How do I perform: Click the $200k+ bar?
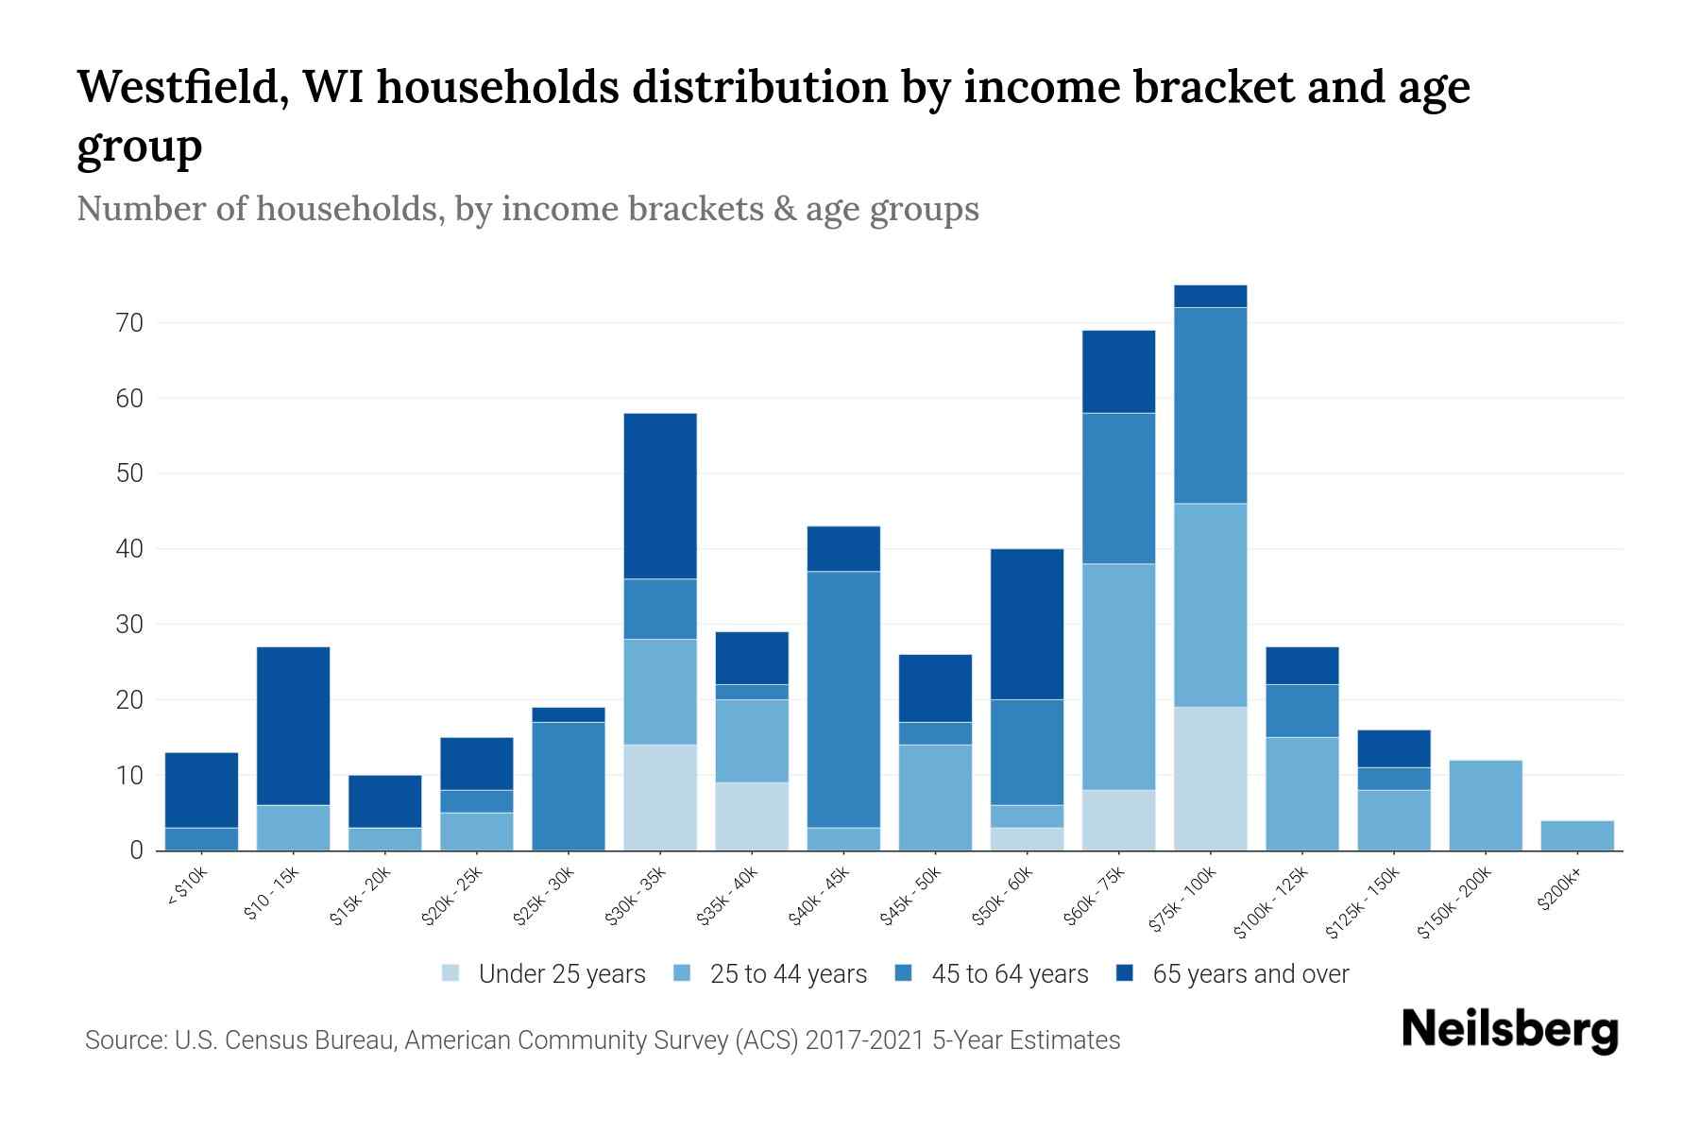tap(1576, 835)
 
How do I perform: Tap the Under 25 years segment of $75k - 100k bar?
tap(1210, 779)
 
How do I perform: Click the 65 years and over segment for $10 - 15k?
tap(293, 726)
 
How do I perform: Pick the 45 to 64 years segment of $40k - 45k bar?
tap(844, 699)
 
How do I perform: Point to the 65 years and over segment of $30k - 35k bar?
tap(660, 496)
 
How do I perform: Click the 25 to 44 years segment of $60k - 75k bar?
tap(1118, 677)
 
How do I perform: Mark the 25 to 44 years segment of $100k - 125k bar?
tap(1302, 794)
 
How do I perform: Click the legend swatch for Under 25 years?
tap(451, 974)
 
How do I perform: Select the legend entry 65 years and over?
tap(1250, 974)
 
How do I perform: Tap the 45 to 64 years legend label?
tap(1010, 974)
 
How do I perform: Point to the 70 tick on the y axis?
tap(130, 323)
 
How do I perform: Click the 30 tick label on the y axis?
tap(130, 625)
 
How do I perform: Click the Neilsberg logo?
tap(1509, 1030)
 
